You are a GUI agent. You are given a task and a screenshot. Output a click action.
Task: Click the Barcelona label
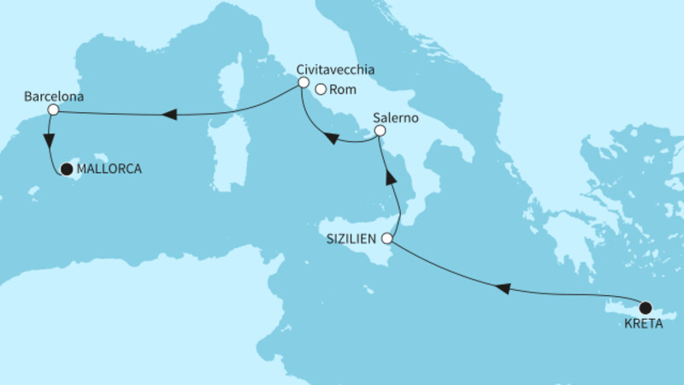click(x=53, y=97)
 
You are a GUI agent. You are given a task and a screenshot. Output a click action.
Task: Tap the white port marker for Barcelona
click(x=53, y=110)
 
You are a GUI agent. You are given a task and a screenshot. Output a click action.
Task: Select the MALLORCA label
click(x=109, y=169)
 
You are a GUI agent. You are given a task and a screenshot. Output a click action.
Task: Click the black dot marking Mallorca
click(x=67, y=169)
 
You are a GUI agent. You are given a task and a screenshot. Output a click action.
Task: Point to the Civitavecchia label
click(x=335, y=69)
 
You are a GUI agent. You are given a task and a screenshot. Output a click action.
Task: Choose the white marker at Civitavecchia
click(x=303, y=83)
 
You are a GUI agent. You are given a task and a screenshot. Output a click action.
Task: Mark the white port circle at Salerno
click(x=380, y=132)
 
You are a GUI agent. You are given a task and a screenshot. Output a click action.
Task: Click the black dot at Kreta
click(x=646, y=308)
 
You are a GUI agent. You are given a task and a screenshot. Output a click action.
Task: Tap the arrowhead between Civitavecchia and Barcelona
click(x=170, y=115)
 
